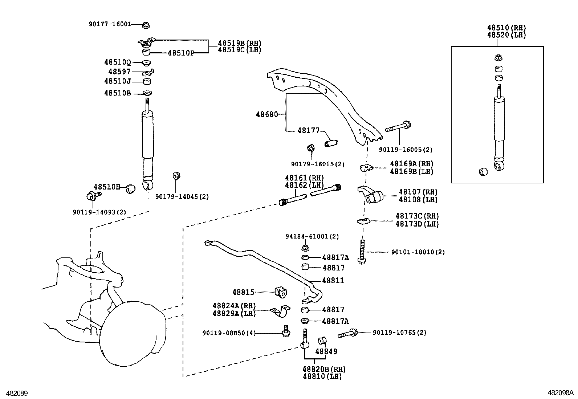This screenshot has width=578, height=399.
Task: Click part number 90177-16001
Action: coord(110,24)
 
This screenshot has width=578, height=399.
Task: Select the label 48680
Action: coord(267,114)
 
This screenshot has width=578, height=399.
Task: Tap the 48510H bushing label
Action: coord(107,187)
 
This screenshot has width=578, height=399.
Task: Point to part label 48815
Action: coord(243,292)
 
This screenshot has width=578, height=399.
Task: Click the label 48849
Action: coord(326,351)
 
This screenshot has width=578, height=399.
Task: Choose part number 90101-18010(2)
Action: coord(418,252)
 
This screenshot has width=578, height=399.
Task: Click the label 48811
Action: coord(333,281)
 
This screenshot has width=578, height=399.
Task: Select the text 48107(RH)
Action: coord(418,192)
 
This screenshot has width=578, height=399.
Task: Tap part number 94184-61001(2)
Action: coord(312,236)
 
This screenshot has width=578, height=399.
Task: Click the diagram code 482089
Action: coord(15,393)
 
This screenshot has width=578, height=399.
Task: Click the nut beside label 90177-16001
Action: coord(146,25)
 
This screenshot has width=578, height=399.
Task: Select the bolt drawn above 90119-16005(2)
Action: coord(398,127)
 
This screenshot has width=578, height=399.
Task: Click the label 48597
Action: coord(119,72)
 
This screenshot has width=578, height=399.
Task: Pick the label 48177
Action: coord(308,130)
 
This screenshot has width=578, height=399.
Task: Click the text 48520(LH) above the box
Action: coord(506,35)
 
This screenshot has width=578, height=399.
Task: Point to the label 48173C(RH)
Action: coord(417,216)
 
